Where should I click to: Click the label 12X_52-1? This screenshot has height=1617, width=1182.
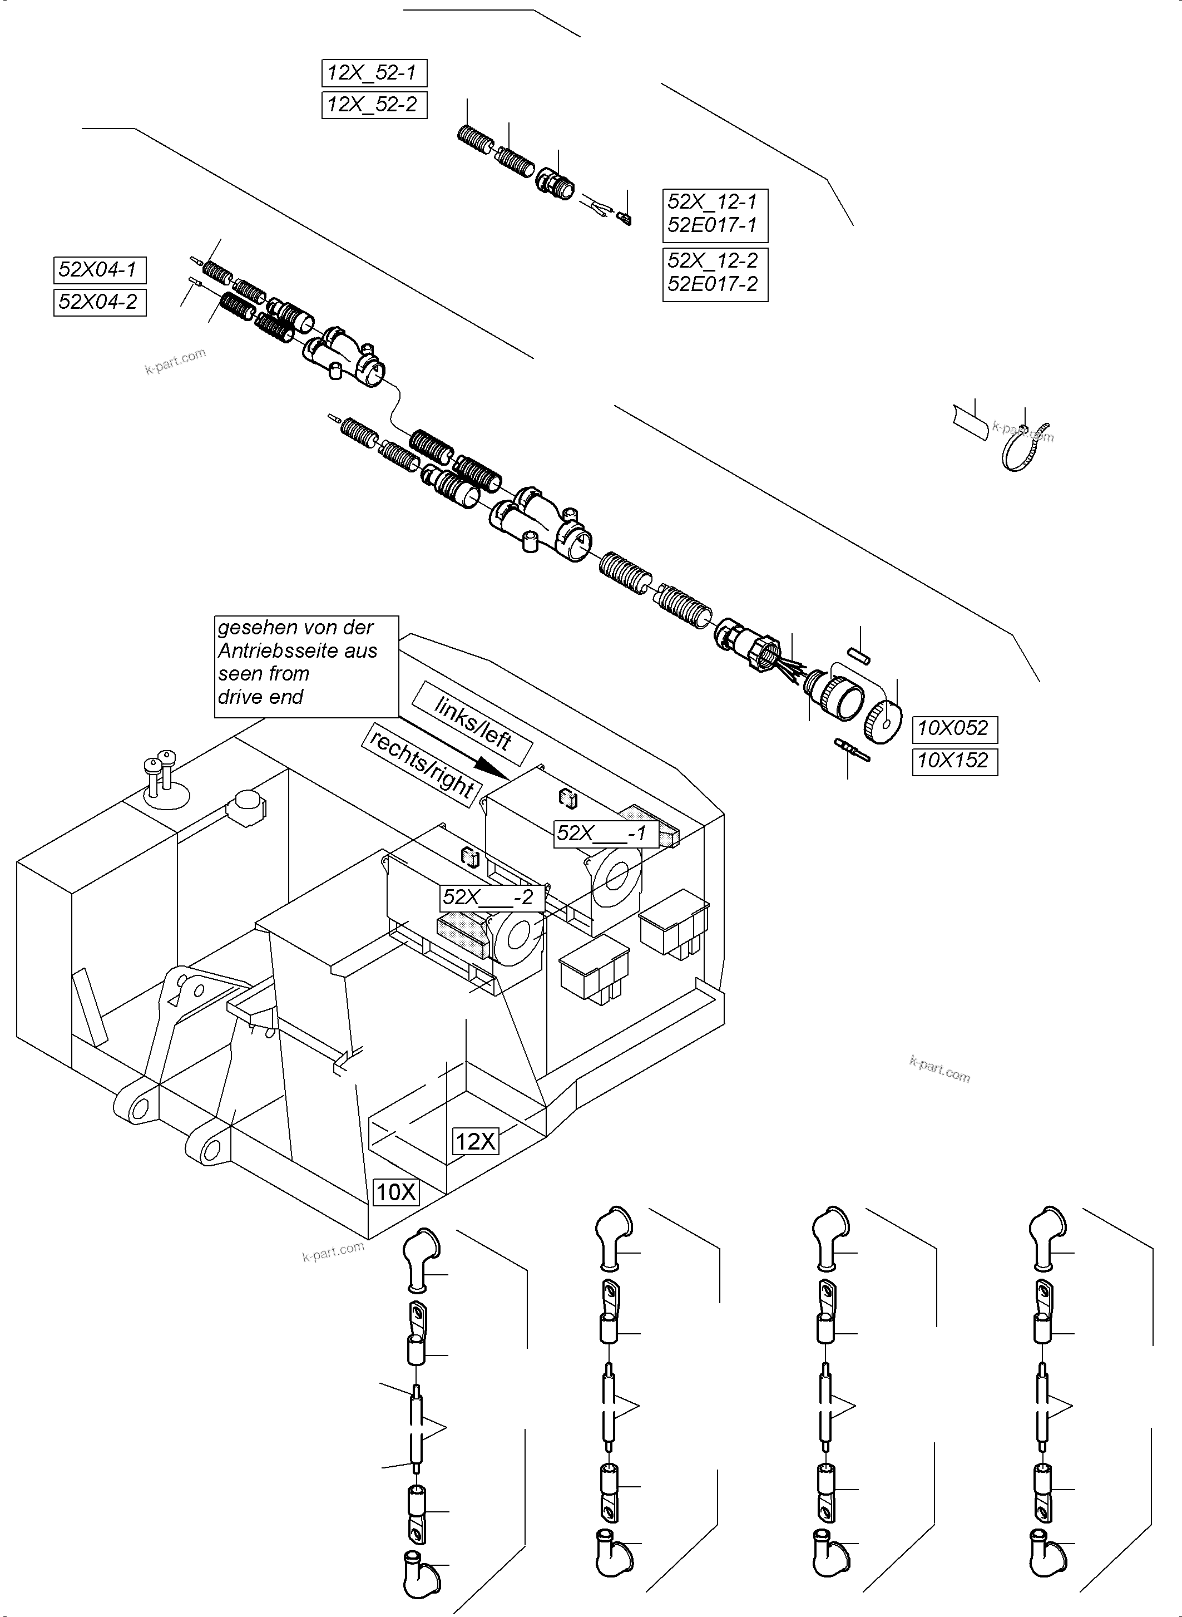373,73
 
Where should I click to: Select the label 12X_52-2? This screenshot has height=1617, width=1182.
373,105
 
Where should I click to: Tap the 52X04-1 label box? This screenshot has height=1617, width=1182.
100,270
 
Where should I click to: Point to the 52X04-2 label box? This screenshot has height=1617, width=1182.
100,302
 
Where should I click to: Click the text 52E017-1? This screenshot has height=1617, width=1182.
712,225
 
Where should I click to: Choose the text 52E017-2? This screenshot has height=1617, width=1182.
713,284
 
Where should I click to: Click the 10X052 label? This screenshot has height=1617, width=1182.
954,729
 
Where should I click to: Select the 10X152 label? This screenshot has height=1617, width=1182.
954,760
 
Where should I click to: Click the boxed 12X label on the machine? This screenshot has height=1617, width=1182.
476,1141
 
